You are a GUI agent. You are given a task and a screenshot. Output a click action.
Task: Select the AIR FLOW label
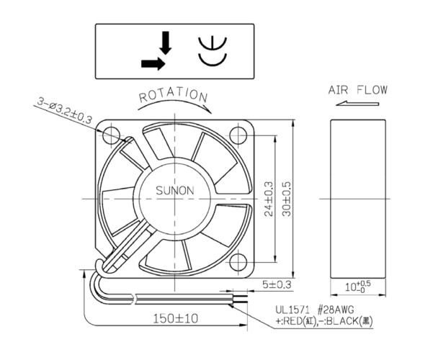357,90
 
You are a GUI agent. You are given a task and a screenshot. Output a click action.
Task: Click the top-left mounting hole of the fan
112,135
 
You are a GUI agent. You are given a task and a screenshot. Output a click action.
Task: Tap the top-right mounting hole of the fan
238,135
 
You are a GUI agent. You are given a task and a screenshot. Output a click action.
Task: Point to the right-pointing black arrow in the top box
153,63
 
